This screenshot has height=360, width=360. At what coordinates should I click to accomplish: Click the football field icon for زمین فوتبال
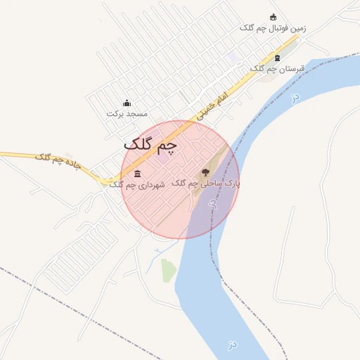coord(274,18)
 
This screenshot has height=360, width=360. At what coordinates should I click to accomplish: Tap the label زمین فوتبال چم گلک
coord(273,28)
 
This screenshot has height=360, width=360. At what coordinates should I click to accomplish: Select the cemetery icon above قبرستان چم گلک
coord(277,58)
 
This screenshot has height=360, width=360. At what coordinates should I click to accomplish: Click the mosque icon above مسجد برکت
coord(127,103)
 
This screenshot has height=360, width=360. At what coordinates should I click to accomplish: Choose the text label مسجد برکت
coord(127,113)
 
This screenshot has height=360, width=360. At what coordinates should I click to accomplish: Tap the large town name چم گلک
coord(150,144)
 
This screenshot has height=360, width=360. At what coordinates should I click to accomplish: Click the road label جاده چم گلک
coord(58,162)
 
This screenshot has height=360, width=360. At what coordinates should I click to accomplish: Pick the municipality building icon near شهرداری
coord(137,174)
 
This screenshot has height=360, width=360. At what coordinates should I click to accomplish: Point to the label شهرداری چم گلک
coord(137,184)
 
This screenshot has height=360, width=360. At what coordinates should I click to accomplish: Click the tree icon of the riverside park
coord(205,172)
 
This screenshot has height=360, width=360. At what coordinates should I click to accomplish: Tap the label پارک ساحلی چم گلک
coord(205,183)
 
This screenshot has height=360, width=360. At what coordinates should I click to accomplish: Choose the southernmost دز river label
coord(231,345)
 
